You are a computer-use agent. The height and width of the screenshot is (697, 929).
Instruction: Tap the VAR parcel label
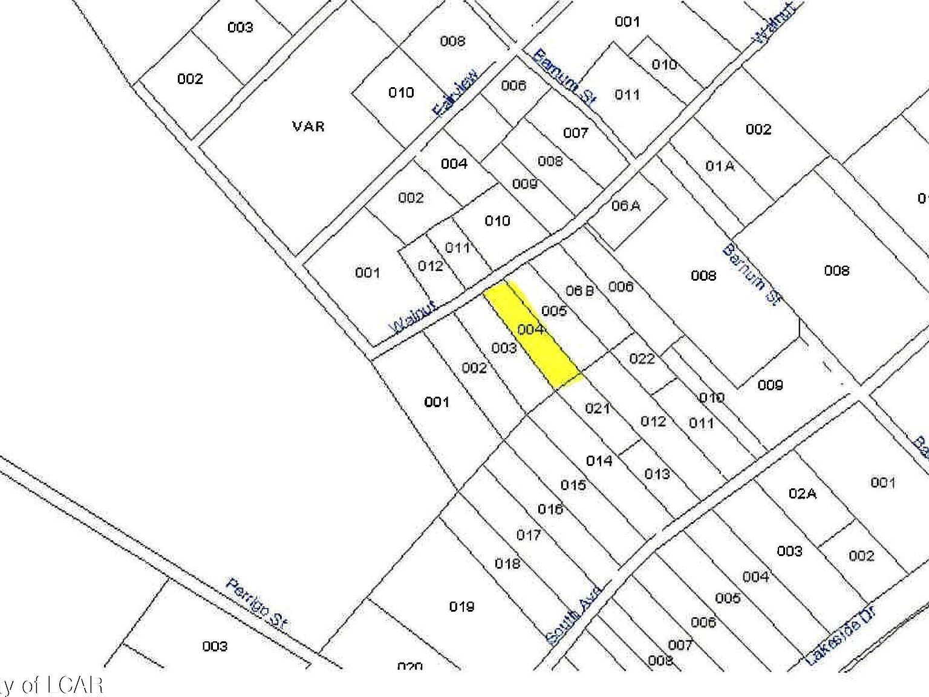[x=308, y=126]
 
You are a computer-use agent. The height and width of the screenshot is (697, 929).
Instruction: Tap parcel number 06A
[x=625, y=206]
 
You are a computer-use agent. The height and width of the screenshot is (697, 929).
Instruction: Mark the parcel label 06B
[x=579, y=291]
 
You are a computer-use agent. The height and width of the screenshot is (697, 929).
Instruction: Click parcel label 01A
[x=720, y=165]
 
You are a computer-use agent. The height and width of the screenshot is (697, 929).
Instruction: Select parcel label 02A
[x=802, y=494]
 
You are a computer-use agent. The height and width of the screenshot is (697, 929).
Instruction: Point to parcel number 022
[x=642, y=359]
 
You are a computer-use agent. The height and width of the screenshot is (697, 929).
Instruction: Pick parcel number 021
[x=598, y=408]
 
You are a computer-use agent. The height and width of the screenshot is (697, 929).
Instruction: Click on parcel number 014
[x=599, y=461]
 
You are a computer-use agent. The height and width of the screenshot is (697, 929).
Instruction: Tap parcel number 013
[x=657, y=474]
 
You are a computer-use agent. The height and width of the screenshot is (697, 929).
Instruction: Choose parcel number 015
[x=573, y=485]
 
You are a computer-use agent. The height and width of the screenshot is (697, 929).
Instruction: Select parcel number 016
[x=550, y=509]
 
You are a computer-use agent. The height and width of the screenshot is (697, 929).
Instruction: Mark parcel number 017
[x=528, y=535]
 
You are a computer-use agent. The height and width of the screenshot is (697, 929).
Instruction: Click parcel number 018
[x=507, y=564]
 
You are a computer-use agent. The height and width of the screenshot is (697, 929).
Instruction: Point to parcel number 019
[x=461, y=606]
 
